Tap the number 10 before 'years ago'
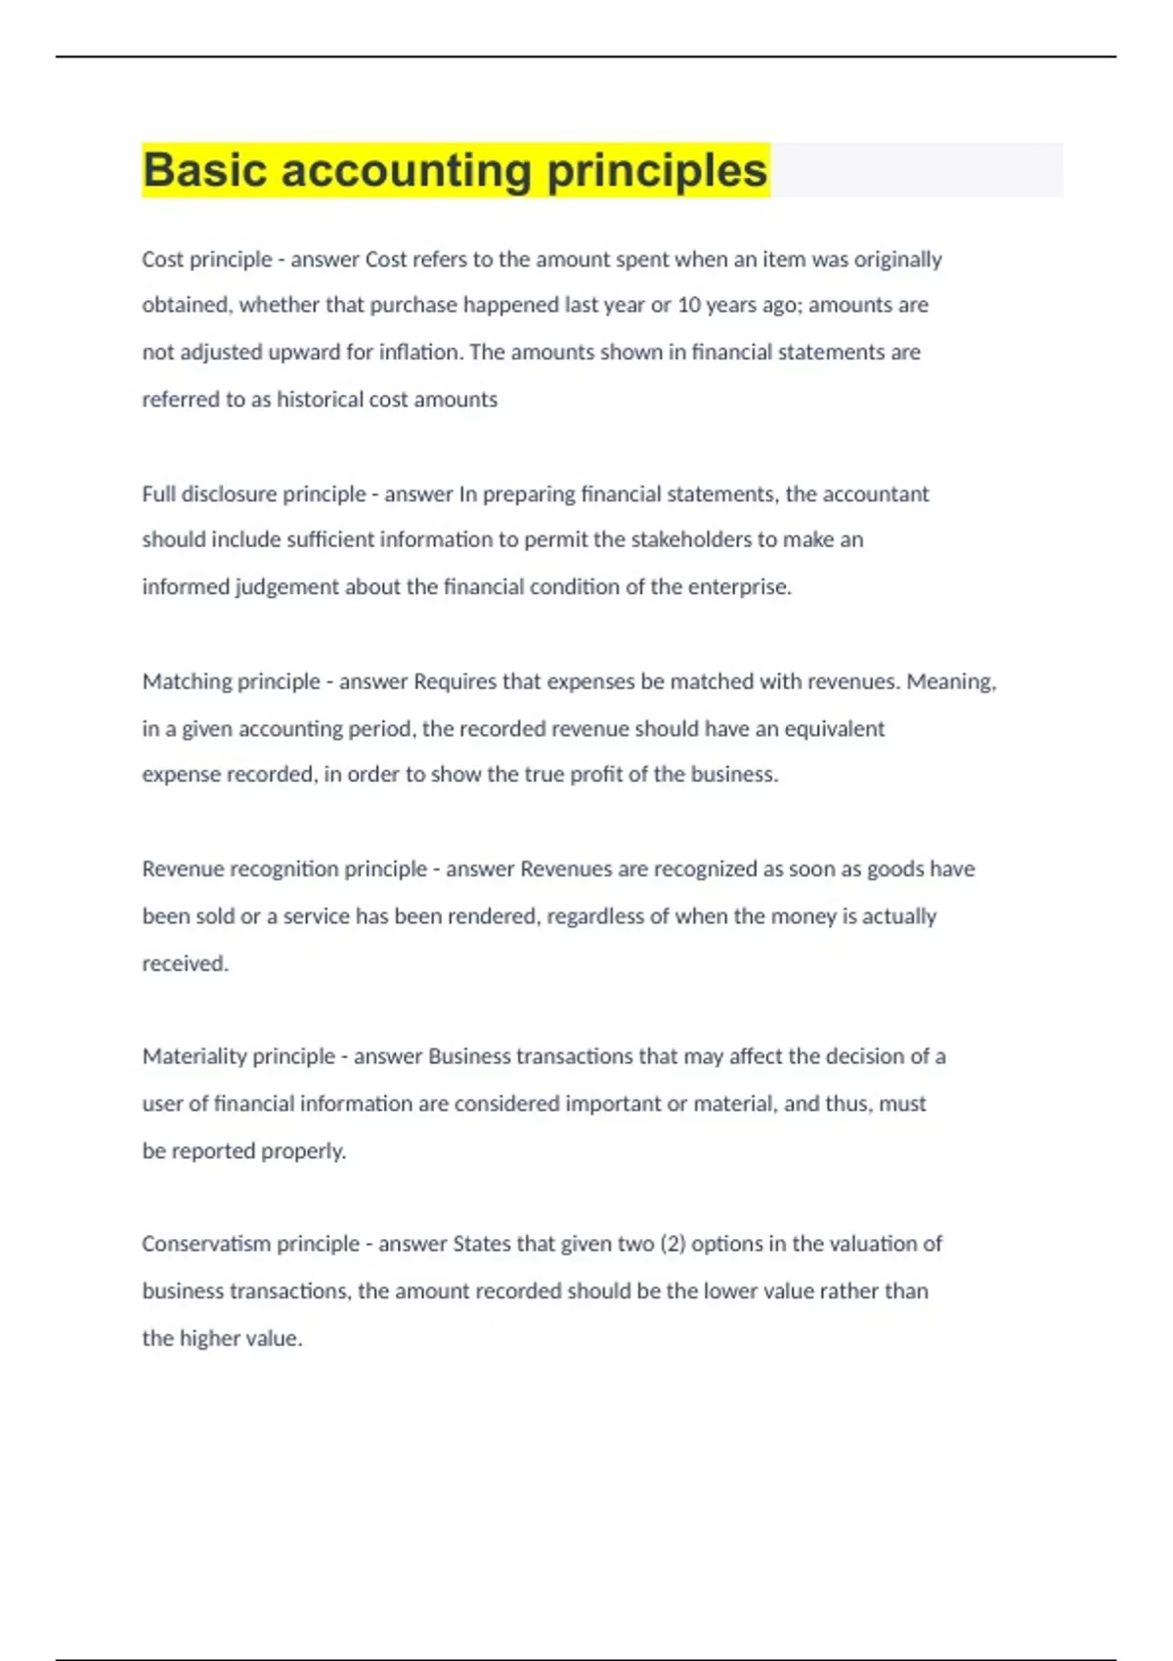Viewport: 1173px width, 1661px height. [689, 305]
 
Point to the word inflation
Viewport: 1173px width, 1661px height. [418, 352]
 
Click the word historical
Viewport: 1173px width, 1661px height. [320, 400]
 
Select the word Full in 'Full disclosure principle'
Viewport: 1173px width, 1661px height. [158, 493]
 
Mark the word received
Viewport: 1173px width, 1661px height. [185, 963]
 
